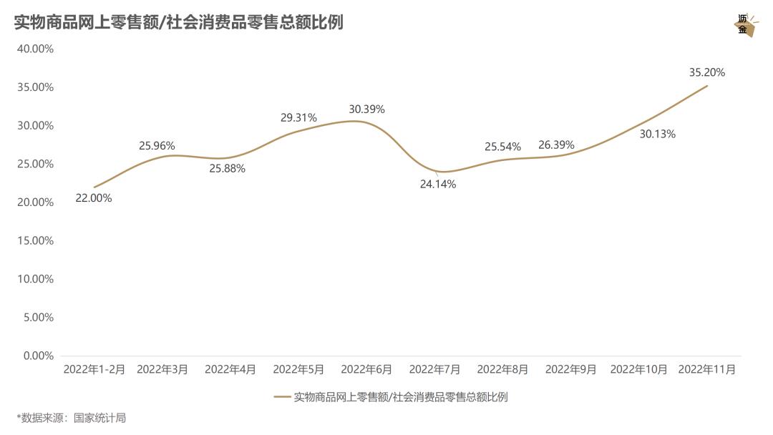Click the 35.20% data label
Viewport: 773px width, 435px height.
(706, 72)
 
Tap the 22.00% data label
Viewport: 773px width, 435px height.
(94, 198)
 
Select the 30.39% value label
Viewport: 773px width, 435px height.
(366, 109)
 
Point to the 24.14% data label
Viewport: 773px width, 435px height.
(438, 184)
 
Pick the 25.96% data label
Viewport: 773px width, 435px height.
(157, 146)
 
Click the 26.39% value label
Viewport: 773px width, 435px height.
(556, 145)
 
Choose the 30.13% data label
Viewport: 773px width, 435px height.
(657, 134)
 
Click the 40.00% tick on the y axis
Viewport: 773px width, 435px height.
(36, 49)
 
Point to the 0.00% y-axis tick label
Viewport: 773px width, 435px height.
(39, 356)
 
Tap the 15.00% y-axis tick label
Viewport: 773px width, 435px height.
(36, 240)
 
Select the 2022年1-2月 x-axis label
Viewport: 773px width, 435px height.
(94, 370)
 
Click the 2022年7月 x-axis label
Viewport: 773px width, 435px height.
(434, 370)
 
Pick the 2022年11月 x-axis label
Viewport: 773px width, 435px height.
(706, 370)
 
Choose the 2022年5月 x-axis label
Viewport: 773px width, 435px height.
(298, 370)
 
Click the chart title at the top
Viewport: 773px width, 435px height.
(179, 23)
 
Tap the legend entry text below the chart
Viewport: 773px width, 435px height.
(400, 397)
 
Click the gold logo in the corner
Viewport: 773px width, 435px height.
(744, 25)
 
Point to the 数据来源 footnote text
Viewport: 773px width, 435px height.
(72, 418)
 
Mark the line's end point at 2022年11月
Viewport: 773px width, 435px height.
(707, 86)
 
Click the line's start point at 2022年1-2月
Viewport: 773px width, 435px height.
(94, 187)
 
